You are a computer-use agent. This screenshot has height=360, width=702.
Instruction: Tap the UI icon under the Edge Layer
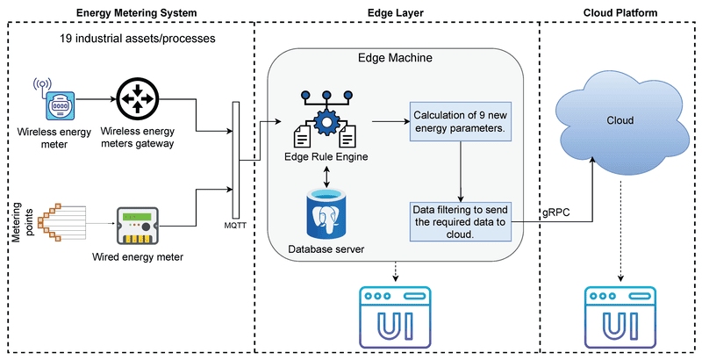(397, 313)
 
